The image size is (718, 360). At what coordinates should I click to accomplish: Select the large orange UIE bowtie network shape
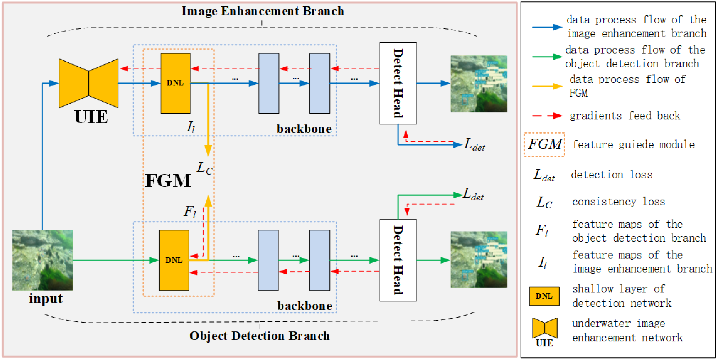tap(89, 83)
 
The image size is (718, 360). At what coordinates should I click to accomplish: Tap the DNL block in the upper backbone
tap(175, 83)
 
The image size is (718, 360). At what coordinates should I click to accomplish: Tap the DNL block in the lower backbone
tap(174, 260)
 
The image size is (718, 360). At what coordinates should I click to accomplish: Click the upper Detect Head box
tap(398, 83)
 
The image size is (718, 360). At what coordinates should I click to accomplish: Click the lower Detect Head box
tap(398, 260)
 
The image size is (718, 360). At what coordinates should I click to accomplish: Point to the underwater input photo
tap(42, 260)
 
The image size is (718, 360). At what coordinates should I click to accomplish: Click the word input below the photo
tap(46, 299)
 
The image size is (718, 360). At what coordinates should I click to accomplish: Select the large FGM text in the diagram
tap(168, 181)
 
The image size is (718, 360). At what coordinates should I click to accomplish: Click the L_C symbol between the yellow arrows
tap(204, 168)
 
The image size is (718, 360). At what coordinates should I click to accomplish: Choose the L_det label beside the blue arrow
tap(474, 145)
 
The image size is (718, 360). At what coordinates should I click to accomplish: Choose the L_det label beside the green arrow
tap(473, 194)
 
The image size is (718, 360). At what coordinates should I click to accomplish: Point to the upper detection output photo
tap(479, 84)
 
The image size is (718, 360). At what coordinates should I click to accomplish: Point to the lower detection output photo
tap(479, 260)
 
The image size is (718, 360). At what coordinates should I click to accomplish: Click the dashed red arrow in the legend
tap(547, 116)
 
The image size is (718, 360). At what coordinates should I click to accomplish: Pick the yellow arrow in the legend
tap(547, 86)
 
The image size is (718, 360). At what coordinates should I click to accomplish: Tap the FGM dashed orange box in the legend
tap(544, 145)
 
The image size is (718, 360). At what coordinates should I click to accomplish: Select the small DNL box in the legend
tap(544, 296)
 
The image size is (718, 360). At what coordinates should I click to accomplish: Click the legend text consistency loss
tap(618, 202)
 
